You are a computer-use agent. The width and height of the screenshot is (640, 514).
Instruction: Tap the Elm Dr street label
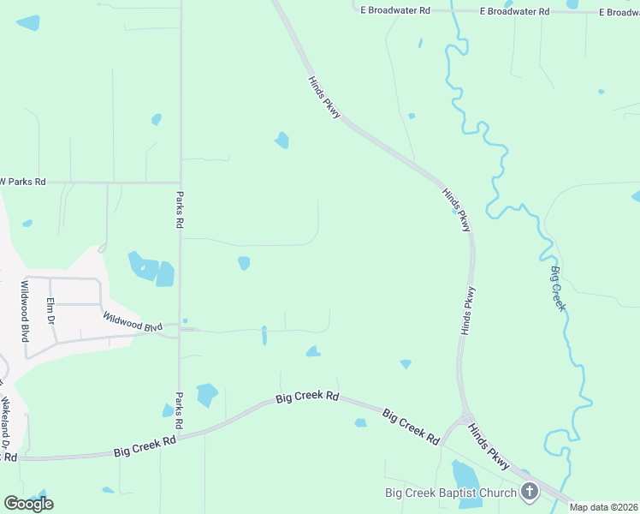tap(50, 309)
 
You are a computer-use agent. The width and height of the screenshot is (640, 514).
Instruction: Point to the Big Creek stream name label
tap(558, 289)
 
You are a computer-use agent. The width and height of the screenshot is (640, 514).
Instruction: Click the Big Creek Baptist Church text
tap(450, 492)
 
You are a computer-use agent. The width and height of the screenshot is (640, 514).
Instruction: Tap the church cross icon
tap(530, 492)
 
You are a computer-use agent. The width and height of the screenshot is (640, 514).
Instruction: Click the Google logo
tap(28, 503)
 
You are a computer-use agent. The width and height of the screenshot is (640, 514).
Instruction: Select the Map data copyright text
tap(604, 507)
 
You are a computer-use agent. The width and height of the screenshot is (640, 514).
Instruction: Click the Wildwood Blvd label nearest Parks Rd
tap(133, 321)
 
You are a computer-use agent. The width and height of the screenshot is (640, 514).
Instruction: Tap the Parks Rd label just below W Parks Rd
tap(180, 208)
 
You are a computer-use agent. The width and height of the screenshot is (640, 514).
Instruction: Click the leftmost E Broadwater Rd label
tap(394, 10)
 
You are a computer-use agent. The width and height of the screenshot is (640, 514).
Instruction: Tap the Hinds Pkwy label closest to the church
tap(489, 447)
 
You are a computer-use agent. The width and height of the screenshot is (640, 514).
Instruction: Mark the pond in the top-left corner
tap(28, 23)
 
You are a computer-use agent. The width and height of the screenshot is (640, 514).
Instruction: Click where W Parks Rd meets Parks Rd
tap(180, 182)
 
